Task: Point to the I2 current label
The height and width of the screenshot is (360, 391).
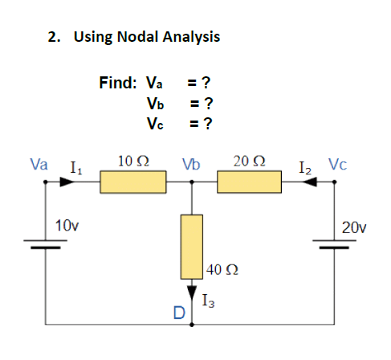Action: point(304,168)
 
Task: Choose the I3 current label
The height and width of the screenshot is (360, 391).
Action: point(208,301)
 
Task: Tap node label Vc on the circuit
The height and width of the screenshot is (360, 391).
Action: point(337,165)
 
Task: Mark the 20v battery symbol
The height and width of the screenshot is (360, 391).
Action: point(335,244)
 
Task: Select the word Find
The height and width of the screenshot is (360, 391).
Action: point(119,82)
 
